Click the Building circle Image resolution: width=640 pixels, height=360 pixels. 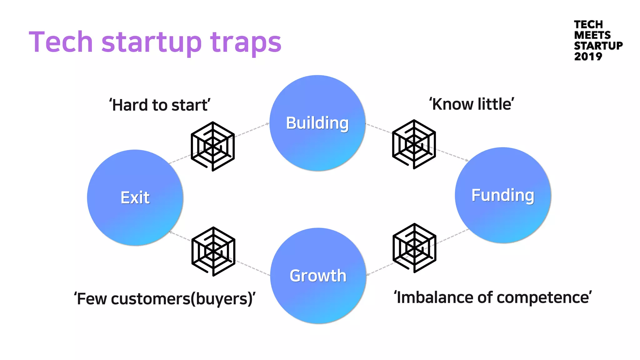pyautogui.click(x=317, y=123)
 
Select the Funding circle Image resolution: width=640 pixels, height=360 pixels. pyautogui.click(x=502, y=195)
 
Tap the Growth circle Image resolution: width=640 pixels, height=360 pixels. pyautogui.click(x=318, y=276)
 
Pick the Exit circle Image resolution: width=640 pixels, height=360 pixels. pyautogui.click(x=135, y=197)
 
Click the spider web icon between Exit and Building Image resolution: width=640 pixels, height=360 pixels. pyautogui.click(x=213, y=146)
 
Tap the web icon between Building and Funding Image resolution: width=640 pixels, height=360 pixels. pyautogui.click(x=414, y=144)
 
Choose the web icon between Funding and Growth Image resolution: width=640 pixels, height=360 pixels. pyautogui.click(x=414, y=248)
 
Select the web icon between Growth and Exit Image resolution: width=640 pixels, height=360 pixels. pyautogui.click(x=213, y=251)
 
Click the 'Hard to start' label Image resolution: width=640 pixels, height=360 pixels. pyautogui.click(x=160, y=105)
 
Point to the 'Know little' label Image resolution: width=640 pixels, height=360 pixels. pyautogui.click(x=472, y=104)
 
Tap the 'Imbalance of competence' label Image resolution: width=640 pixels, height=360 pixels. pyautogui.click(x=492, y=297)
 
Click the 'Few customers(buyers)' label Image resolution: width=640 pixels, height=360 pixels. pyautogui.click(x=165, y=299)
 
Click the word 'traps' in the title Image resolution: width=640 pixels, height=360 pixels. pyautogui.click(x=246, y=42)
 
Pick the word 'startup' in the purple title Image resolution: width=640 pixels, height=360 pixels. pyautogui.click(x=152, y=43)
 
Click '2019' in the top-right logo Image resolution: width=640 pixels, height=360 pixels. pyautogui.click(x=588, y=57)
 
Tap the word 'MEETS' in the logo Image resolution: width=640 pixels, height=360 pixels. pyautogui.click(x=592, y=35)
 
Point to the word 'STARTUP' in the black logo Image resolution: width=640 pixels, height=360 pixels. pyautogui.click(x=598, y=46)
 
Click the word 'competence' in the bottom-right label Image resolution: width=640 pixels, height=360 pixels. pyautogui.click(x=544, y=297)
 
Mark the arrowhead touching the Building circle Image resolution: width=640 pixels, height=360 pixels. pyautogui.click(x=267, y=124)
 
